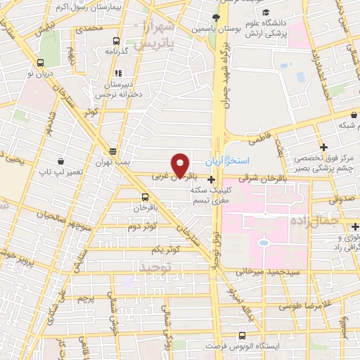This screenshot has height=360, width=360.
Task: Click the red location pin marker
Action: click(x=181, y=165)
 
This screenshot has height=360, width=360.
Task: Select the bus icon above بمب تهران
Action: click(x=113, y=151)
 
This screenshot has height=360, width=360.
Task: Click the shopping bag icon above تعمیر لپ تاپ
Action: click(x=62, y=161)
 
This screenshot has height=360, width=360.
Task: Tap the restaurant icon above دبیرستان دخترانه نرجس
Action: click(x=118, y=72)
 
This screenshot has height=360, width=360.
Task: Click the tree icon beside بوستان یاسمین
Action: click(x=216, y=17)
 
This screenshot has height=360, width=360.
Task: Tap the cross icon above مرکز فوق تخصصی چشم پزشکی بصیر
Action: click(x=323, y=147)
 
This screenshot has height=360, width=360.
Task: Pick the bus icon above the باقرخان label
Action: click(x=145, y=197)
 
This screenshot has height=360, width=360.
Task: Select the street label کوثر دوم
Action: click(x=143, y=226)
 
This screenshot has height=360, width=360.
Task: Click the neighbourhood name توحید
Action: click(x=154, y=267)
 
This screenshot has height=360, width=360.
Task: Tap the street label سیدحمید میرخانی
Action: click(x=274, y=270)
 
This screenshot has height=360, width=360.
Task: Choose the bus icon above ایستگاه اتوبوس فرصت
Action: click(x=243, y=335)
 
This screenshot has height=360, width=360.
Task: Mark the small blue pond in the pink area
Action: click(x=264, y=243)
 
